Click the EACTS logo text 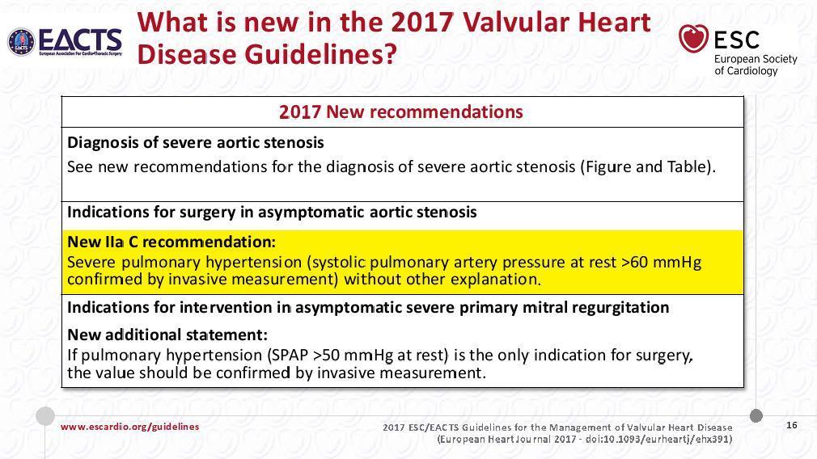(x=81, y=40)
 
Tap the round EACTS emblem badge (x=21, y=42)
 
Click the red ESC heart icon (x=693, y=39)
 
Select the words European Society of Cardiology (x=756, y=65)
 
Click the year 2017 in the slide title (x=421, y=23)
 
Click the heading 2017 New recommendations (x=400, y=112)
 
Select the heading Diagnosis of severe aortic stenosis (x=196, y=142)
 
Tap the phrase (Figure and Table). (x=647, y=167)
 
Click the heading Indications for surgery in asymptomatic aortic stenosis (x=272, y=213)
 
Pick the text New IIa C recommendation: (x=171, y=242)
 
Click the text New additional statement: (x=167, y=334)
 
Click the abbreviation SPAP (x=290, y=355)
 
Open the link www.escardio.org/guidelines (x=129, y=427)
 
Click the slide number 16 (x=791, y=425)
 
